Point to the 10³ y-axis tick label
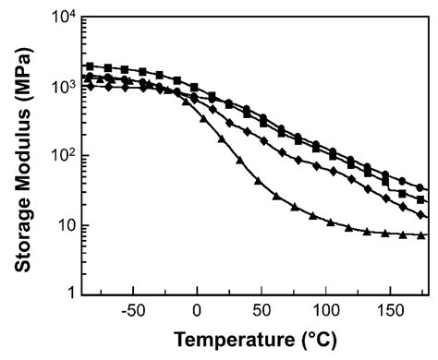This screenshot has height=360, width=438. coord(54,88)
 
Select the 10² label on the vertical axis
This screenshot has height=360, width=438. coord(54,156)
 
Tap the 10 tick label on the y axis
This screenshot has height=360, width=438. coord(57,226)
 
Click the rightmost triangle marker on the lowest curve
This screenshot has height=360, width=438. coord(421,236)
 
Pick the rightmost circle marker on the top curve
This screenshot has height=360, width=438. coord(421,188)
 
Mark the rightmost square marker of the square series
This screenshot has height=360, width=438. coord(421,199)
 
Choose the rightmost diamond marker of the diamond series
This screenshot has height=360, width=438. coord(421,215)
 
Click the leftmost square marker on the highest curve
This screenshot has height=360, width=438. coord(89,66)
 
